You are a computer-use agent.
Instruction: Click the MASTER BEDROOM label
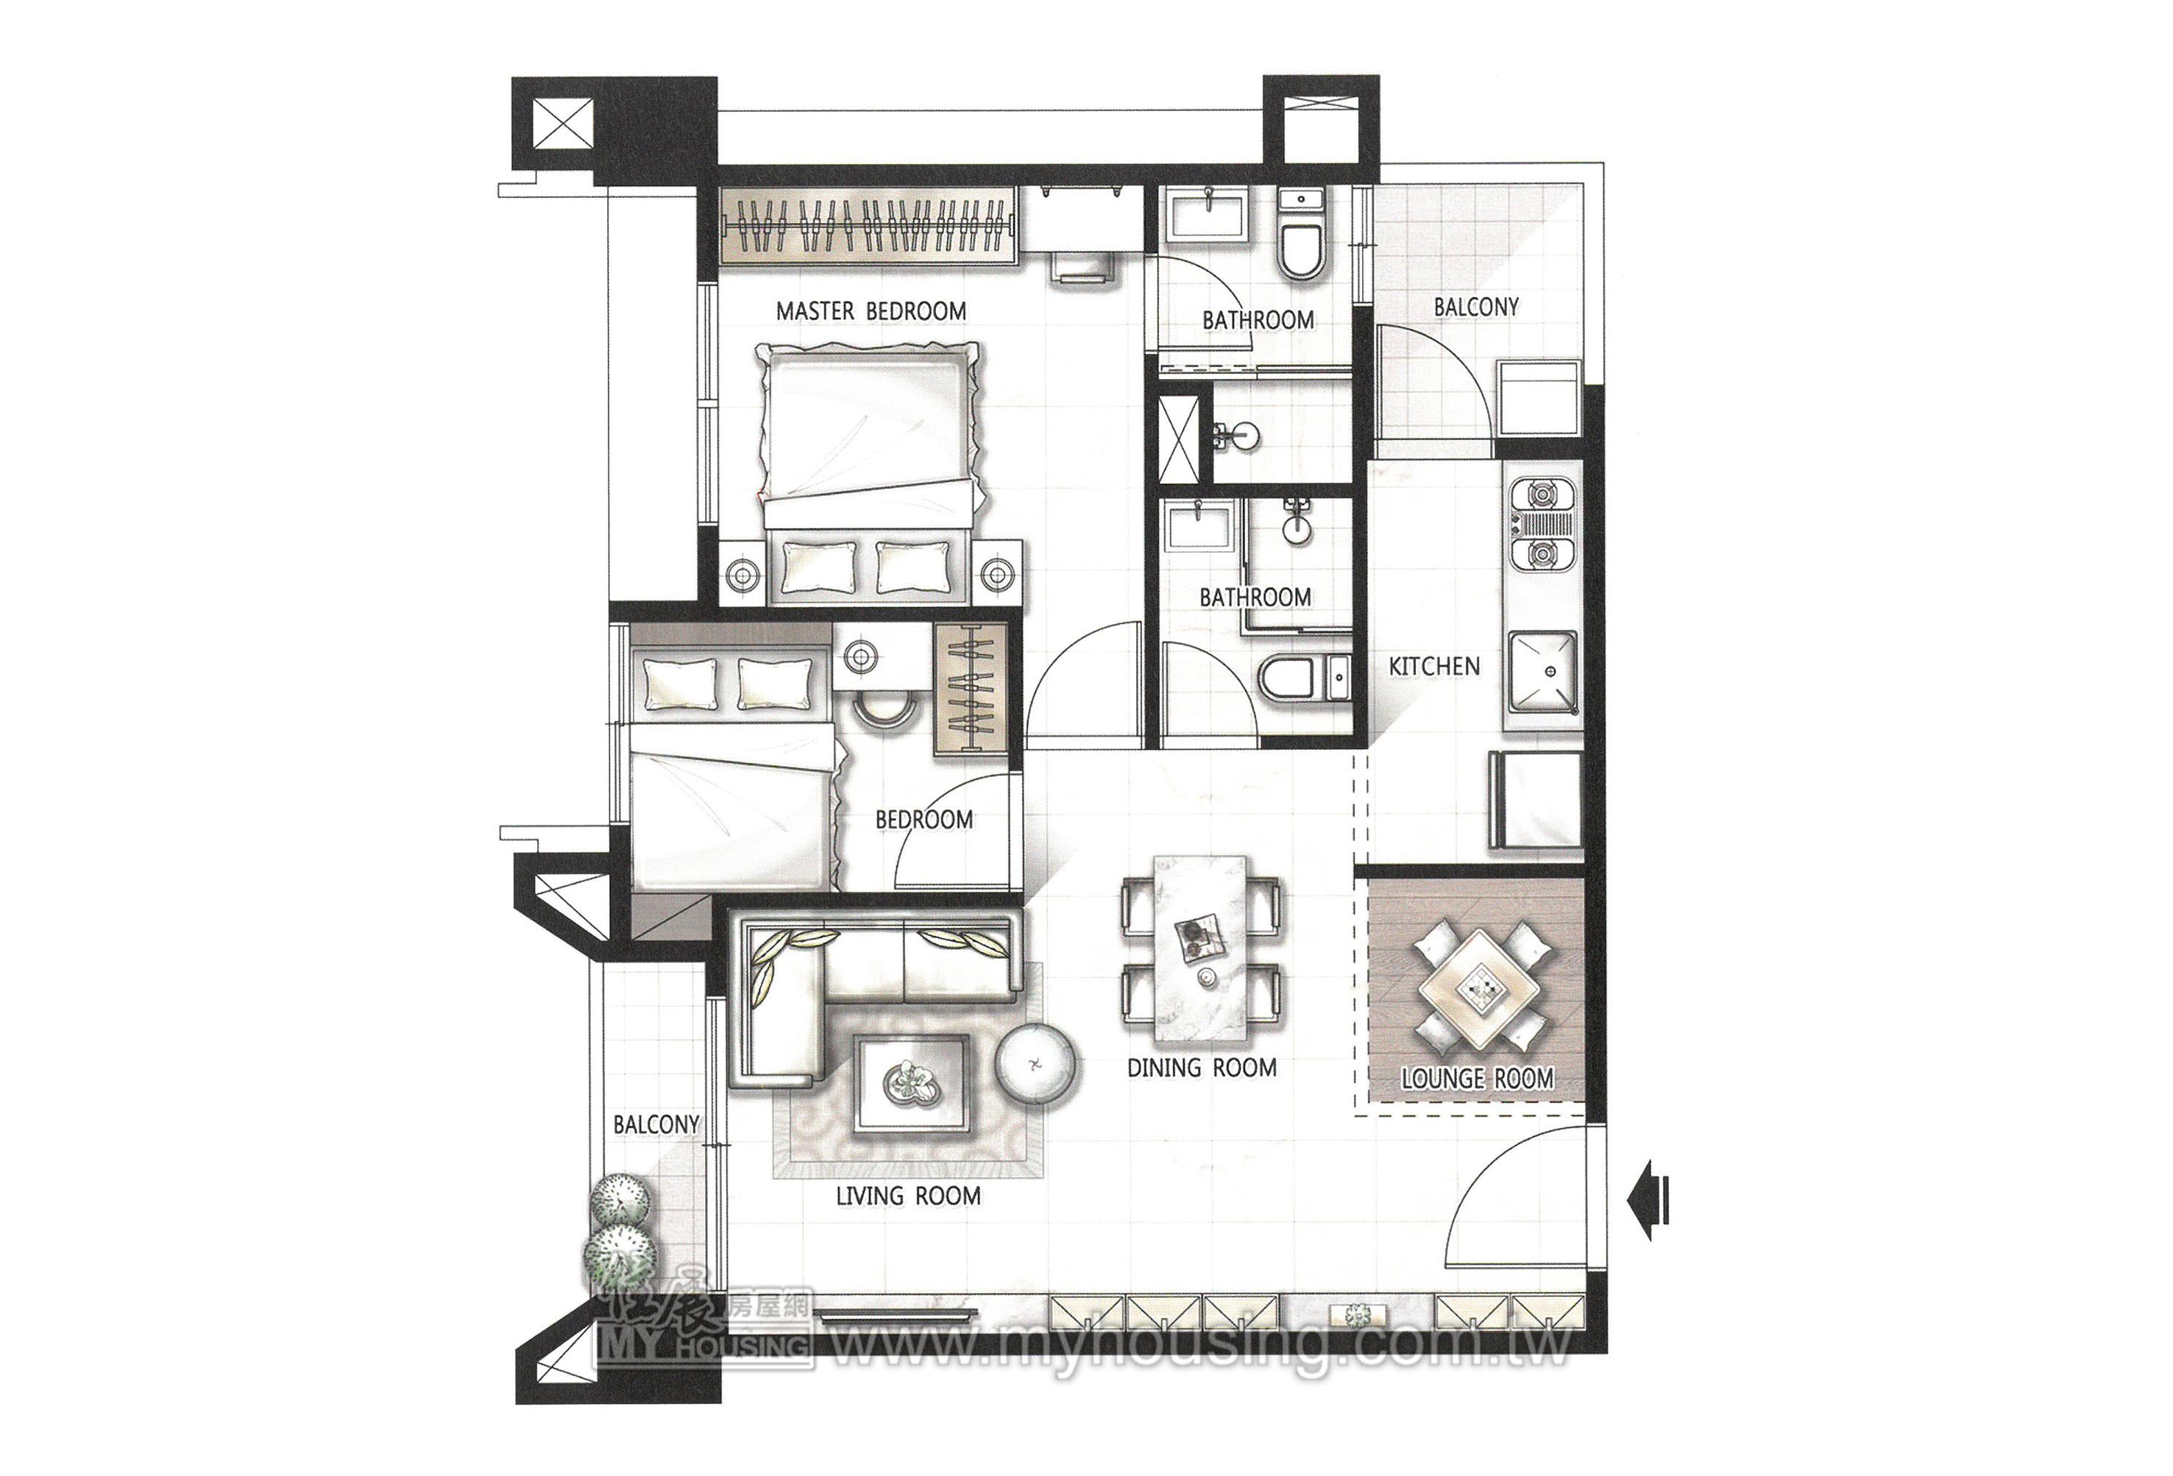tap(871, 311)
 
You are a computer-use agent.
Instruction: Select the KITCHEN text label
tap(1434, 667)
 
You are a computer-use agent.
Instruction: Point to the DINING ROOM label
tap(1202, 1068)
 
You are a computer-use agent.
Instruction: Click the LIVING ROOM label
tap(908, 1196)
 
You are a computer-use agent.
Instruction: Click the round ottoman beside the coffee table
tap(1035, 1064)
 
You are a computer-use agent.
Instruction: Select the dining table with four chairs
tap(1202, 946)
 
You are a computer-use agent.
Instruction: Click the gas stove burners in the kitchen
tap(1540, 525)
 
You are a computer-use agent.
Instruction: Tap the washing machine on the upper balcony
tap(1538, 399)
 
